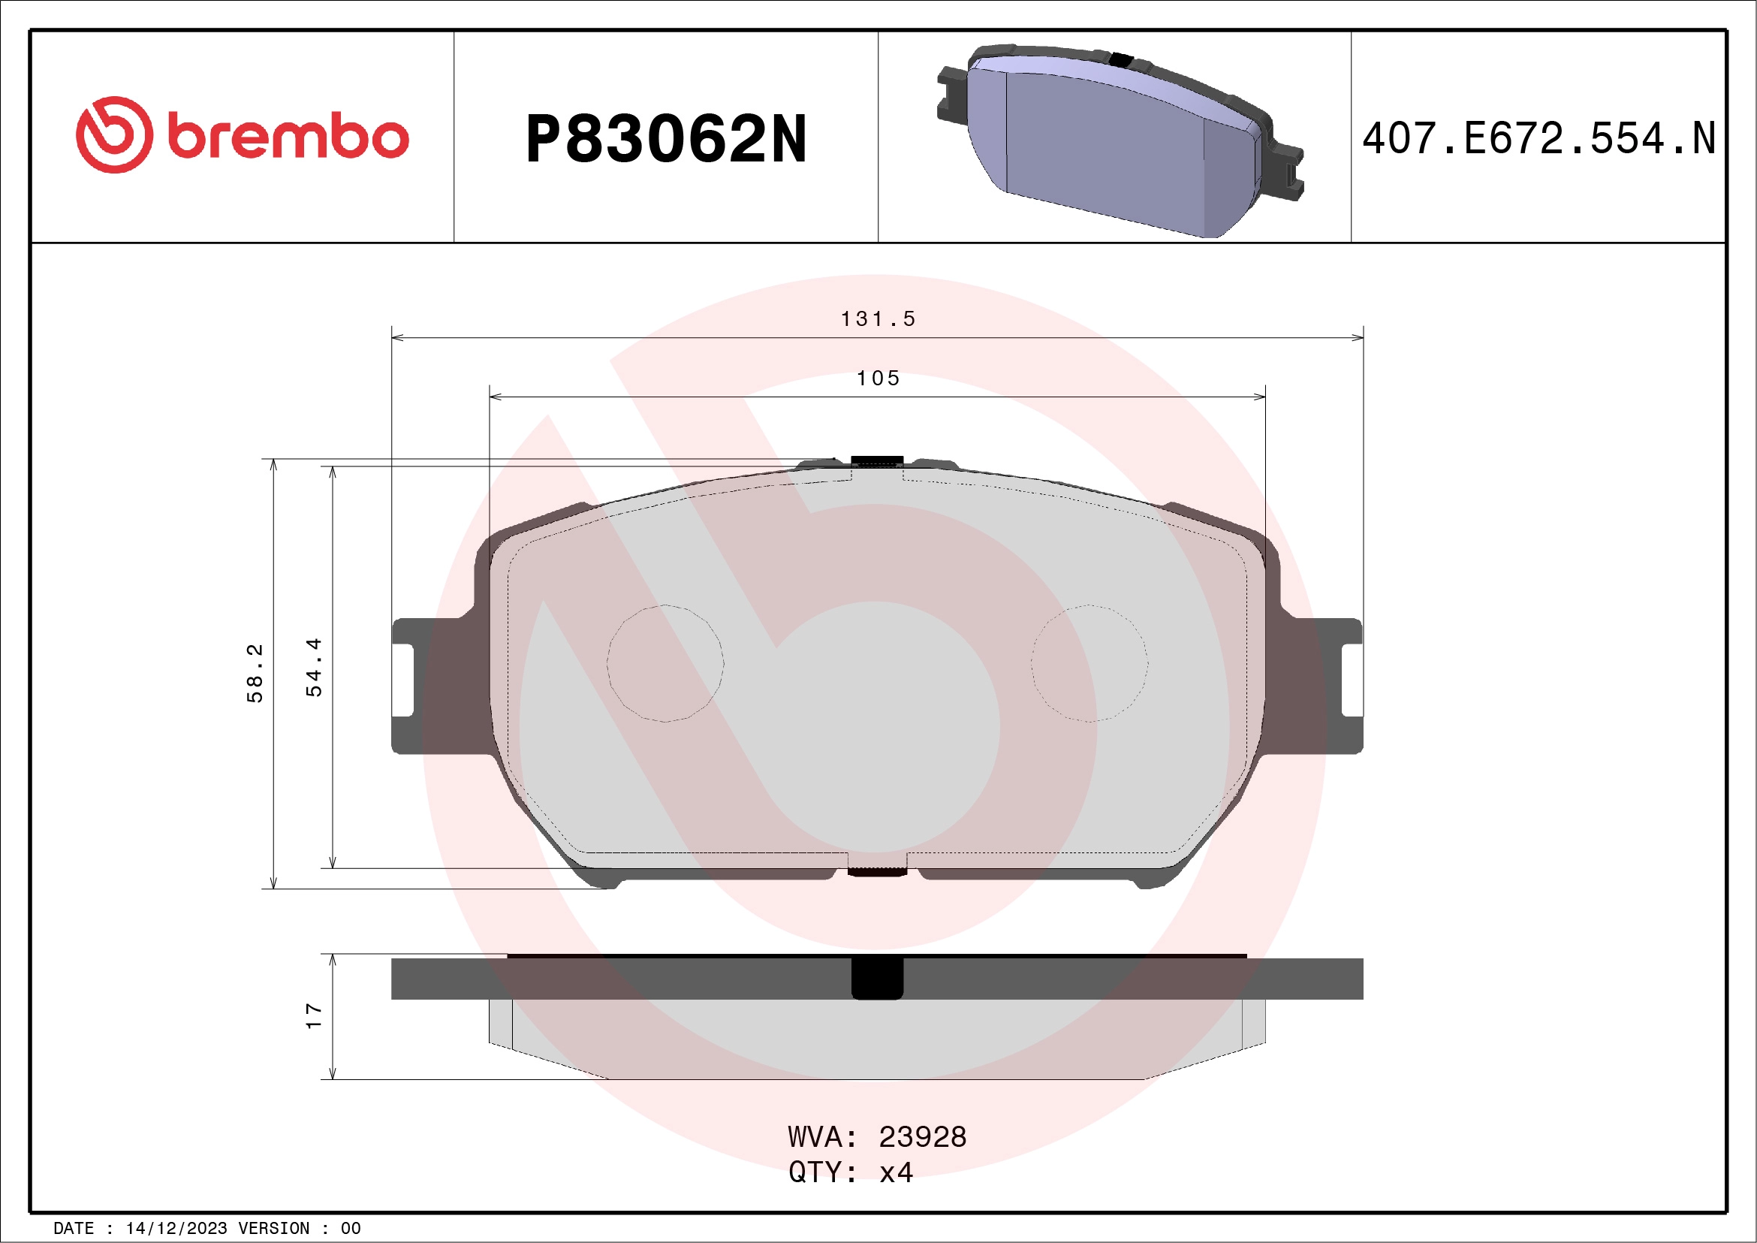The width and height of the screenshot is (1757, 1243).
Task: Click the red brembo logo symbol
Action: click(114, 134)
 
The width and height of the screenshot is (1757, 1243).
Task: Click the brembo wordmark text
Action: click(288, 137)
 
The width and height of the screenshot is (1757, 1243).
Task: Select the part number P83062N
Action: click(666, 139)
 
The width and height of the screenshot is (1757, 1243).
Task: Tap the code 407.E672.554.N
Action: click(1539, 138)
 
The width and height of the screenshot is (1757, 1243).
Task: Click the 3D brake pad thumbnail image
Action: click(1119, 142)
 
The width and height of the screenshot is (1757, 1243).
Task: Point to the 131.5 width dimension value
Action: click(878, 319)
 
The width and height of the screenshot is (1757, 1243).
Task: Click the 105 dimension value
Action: click(878, 378)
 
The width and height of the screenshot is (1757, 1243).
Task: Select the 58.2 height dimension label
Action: click(255, 674)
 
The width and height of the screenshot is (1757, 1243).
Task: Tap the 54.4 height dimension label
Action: click(314, 668)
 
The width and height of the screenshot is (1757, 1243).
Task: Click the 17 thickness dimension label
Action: click(314, 1015)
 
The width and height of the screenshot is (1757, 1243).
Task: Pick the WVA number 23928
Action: click(922, 1137)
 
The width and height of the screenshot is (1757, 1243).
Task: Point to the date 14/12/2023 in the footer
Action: click(176, 1229)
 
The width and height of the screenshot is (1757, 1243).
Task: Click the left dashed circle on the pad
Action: click(665, 664)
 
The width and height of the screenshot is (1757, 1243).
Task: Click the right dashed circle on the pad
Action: click(1089, 664)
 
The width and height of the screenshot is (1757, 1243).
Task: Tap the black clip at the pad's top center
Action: click(877, 460)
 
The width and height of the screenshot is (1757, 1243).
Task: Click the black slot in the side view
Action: click(877, 978)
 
